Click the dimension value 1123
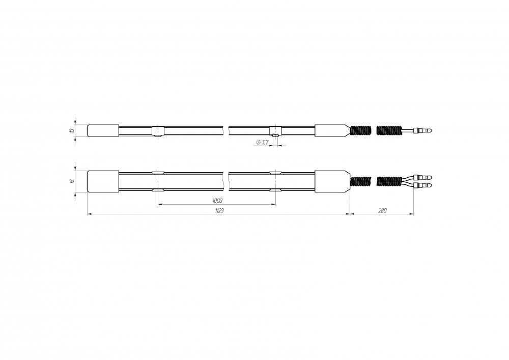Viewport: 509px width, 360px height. coord(219,210)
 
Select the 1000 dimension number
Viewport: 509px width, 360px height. coord(217,201)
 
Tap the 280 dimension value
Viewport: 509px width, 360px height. coord(382,210)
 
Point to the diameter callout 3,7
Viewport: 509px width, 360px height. coord(262,142)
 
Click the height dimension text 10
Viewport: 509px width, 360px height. coord(72,131)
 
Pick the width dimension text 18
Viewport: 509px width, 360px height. coord(72,181)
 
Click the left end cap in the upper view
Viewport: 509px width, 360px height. coord(103,130)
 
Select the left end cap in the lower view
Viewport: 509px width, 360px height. coord(103,181)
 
